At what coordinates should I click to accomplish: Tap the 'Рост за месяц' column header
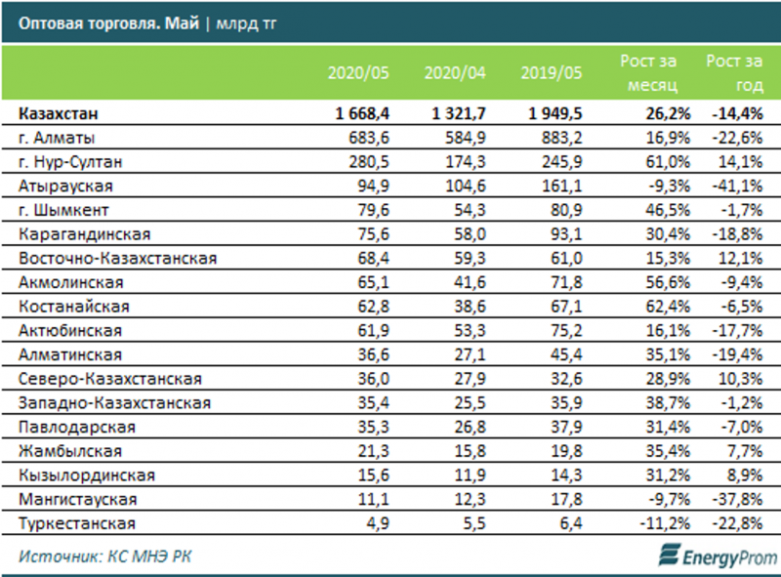pyautogui.click(x=643, y=72)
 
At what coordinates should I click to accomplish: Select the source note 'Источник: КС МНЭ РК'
pyautogui.click(x=93, y=556)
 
